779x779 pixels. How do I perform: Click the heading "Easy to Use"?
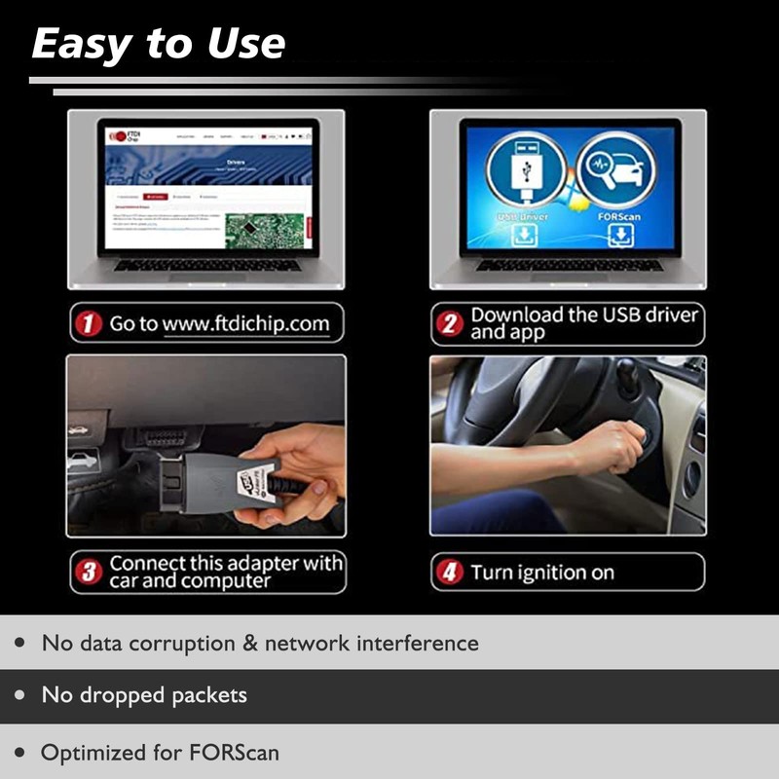[159, 43]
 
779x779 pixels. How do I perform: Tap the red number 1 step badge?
[90, 323]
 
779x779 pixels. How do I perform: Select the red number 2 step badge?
[449, 324]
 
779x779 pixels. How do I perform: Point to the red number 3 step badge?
[90, 572]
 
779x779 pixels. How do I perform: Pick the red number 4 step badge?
[450, 573]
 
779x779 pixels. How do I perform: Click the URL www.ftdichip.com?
[245, 323]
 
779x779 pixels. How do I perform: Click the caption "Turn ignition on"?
[542, 573]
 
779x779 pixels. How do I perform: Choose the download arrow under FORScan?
[617, 235]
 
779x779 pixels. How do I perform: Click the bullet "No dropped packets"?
[144, 695]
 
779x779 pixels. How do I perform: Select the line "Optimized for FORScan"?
[161, 753]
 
